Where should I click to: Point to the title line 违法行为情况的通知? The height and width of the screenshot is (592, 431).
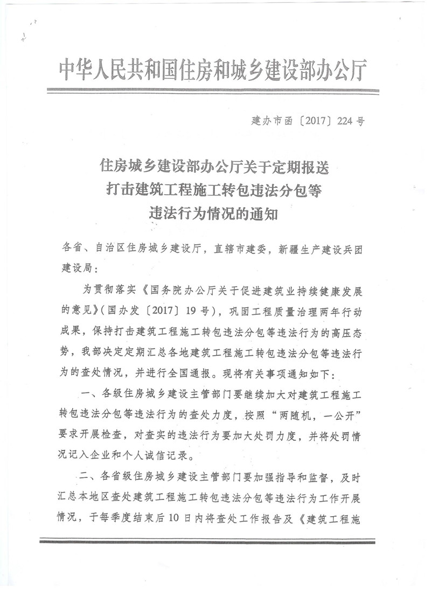point(214,214)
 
